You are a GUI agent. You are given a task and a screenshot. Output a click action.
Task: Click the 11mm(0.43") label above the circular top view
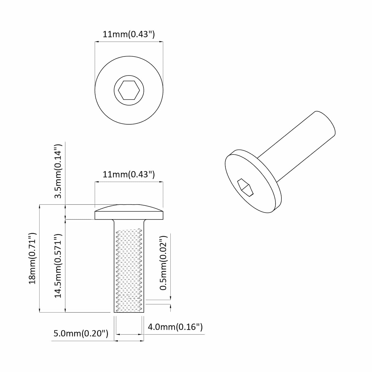129,34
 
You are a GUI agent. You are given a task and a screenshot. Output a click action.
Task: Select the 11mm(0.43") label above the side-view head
129,175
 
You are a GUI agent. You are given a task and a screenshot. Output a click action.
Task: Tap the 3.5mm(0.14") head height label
58,171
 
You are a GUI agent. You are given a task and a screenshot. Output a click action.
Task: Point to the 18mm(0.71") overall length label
33,258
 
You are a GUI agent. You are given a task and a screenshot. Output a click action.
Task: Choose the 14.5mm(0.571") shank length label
58,266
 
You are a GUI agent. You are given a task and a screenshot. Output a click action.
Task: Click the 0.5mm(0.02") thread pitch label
163,263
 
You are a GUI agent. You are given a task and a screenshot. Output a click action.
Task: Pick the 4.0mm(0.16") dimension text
175,327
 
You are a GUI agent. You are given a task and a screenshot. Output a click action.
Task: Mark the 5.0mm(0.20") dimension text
81,334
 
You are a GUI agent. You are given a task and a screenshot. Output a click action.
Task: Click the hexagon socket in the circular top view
129,90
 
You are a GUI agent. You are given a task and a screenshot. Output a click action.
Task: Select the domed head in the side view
129,212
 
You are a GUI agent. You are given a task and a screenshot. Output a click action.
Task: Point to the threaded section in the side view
129,270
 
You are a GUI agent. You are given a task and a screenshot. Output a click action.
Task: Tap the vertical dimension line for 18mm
40,258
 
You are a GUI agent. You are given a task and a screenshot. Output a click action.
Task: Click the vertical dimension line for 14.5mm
66,266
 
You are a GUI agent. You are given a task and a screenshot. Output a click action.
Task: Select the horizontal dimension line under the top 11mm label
129,41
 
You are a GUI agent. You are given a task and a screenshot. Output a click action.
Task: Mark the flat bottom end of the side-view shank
129,312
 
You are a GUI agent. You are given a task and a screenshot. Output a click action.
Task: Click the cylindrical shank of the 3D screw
296,149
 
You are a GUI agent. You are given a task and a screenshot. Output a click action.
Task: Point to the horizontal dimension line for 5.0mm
129,341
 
